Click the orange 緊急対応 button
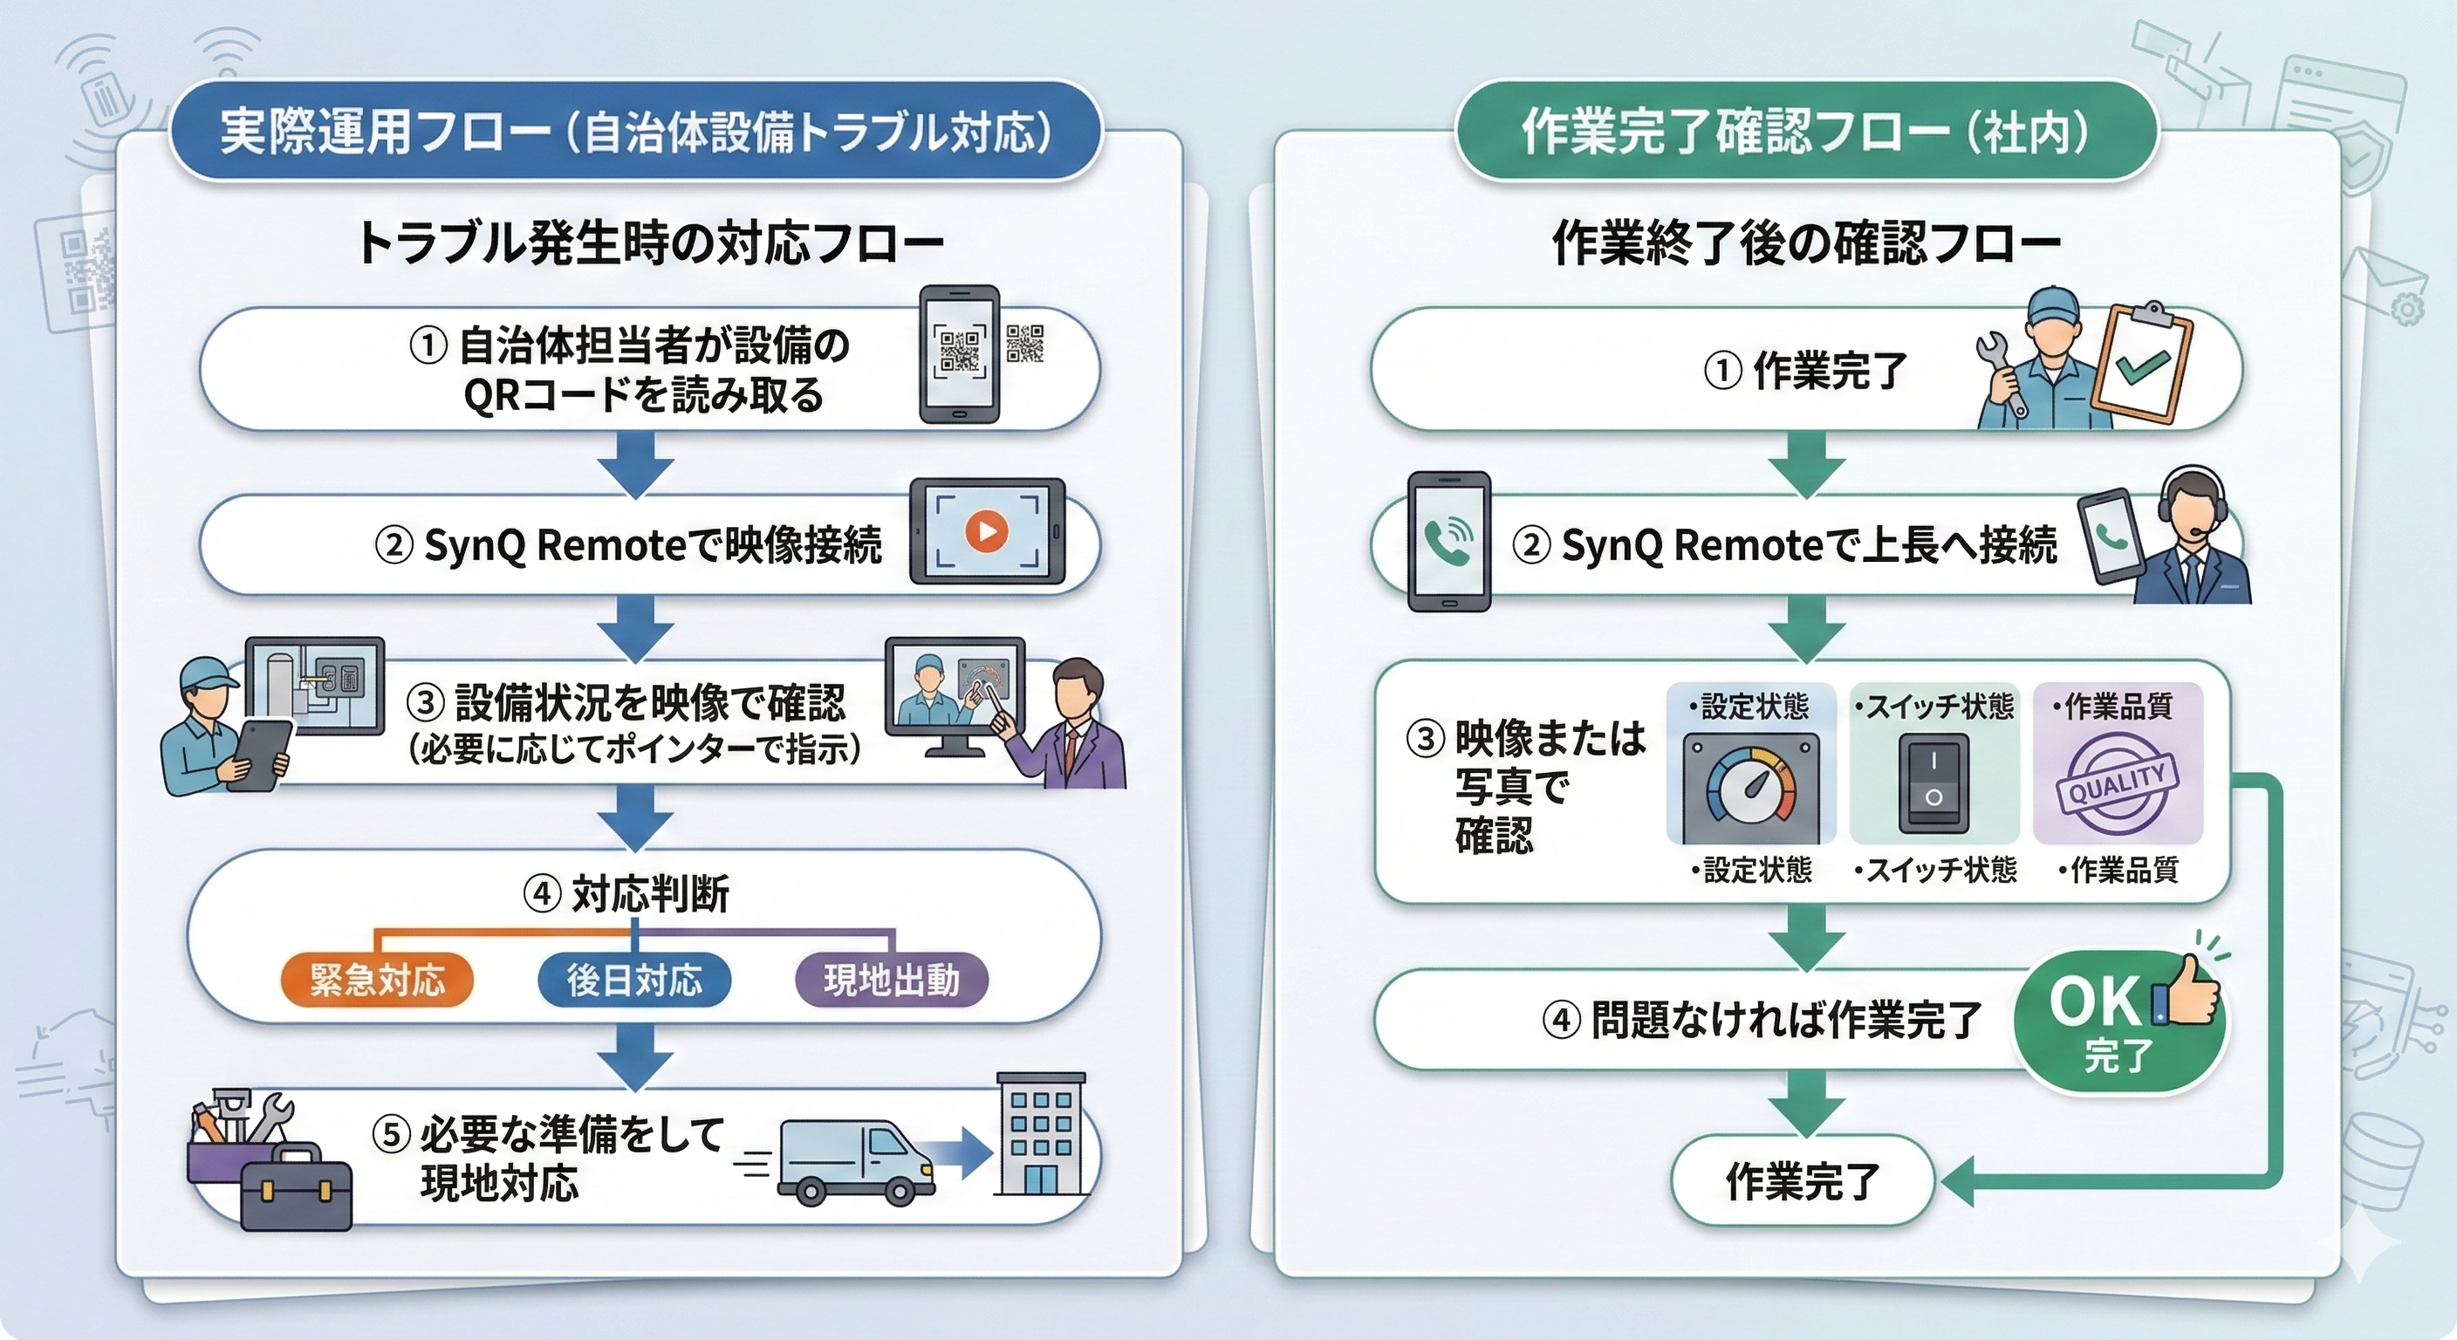(377, 980)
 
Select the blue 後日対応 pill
(634, 980)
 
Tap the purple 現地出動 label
(891, 980)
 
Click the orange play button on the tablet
(986, 530)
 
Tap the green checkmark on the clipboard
(2142, 367)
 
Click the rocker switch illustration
(1933, 782)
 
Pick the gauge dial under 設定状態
(1750, 787)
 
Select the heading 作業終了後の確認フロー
(1806, 244)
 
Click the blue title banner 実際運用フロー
(635, 132)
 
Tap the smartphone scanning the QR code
(960, 354)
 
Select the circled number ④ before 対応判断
(542, 894)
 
